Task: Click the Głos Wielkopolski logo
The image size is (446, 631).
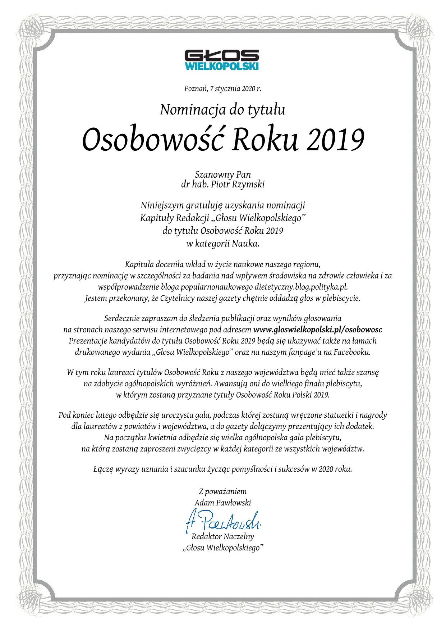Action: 222,60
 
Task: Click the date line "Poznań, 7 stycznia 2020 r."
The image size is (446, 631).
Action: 222,88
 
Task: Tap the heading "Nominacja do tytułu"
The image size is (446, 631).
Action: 222,109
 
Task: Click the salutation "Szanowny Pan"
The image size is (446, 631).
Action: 222,174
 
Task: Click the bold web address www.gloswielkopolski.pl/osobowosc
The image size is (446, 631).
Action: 318,330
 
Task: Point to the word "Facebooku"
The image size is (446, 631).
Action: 352,352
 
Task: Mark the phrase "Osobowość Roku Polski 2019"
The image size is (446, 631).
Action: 282,395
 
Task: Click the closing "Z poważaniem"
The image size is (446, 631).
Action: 222,492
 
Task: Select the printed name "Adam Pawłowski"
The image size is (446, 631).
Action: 222,503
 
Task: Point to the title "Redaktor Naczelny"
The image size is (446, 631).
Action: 222,537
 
